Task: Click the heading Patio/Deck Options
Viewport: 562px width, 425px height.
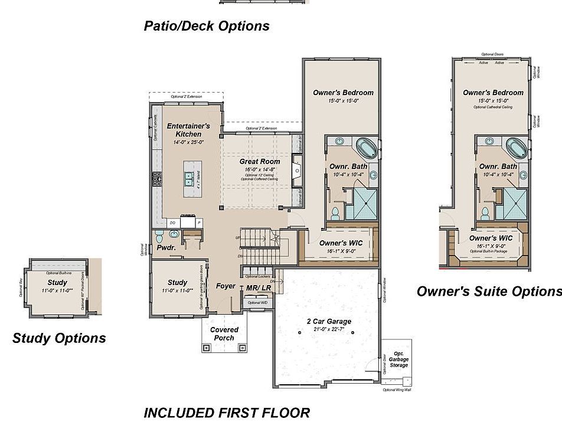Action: click(x=207, y=26)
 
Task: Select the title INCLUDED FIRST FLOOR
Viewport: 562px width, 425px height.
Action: click(x=227, y=413)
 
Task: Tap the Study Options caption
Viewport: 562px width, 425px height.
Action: click(x=59, y=338)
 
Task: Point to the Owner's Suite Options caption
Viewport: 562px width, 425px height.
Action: click(x=489, y=291)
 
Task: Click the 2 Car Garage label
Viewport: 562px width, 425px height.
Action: click(x=329, y=322)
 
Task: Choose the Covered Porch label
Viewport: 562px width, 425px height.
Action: click(x=224, y=334)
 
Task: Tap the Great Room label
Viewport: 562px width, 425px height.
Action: click(x=259, y=161)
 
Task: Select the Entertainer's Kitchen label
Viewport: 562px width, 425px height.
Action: click(x=188, y=130)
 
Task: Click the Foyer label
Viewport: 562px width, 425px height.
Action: click(x=226, y=286)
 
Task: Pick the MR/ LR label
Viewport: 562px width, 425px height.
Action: click(x=259, y=287)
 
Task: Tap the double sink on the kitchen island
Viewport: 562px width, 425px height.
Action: click(x=189, y=178)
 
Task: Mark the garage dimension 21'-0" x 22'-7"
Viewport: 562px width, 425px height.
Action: click(x=329, y=329)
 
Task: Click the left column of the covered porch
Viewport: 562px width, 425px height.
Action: click(x=206, y=348)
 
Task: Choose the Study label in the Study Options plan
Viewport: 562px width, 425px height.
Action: click(x=57, y=283)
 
